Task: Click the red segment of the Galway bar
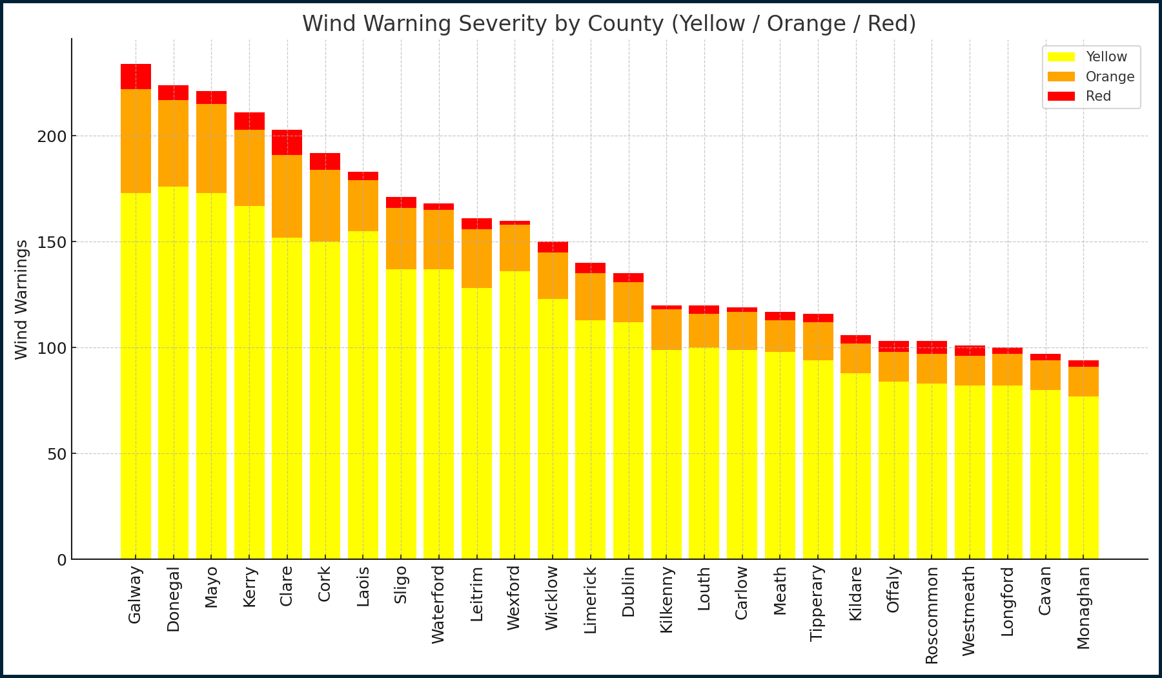(x=136, y=76)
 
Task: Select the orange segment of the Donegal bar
(x=174, y=143)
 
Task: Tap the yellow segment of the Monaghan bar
(x=1083, y=478)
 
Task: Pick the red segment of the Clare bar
(x=287, y=142)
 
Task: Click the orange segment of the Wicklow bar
(x=553, y=276)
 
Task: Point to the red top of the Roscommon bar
(x=932, y=347)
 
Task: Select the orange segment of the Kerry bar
(x=249, y=168)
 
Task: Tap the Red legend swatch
(x=1061, y=96)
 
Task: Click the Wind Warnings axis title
(x=21, y=300)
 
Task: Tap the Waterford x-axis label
(x=438, y=604)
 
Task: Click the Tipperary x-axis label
(x=817, y=603)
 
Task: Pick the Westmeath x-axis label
(x=969, y=611)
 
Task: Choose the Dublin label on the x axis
(x=628, y=591)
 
